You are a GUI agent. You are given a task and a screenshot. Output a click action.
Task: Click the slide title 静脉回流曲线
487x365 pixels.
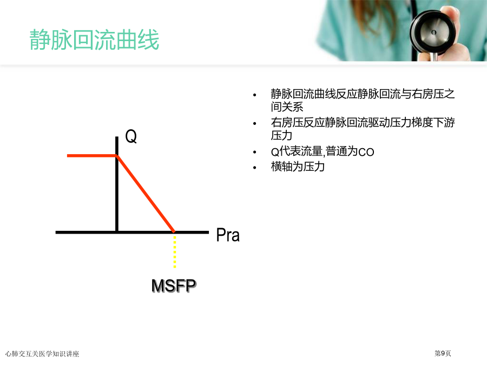(94, 39)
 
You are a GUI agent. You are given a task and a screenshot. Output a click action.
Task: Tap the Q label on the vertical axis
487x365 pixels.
(131, 136)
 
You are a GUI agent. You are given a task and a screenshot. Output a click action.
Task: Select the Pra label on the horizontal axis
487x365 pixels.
(228, 235)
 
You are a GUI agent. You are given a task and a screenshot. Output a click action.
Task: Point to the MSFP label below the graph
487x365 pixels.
(174, 285)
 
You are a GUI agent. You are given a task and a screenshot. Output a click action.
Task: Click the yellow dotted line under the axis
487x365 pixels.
(175, 251)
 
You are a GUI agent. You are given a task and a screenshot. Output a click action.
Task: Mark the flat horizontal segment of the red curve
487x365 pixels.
(92, 156)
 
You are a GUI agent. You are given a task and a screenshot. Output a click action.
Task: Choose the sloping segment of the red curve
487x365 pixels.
(146, 194)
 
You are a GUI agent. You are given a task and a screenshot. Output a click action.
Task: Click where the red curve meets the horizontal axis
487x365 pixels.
(174, 231)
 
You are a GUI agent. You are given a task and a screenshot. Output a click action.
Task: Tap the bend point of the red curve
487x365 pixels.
(117, 156)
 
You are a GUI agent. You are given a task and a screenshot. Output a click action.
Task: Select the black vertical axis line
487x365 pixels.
(117, 184)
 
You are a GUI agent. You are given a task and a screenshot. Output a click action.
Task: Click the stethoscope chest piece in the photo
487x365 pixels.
(433, 32)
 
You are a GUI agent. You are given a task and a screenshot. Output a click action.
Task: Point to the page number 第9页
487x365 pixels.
(443, 353)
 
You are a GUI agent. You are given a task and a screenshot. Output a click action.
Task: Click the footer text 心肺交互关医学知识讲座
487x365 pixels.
(42, 354)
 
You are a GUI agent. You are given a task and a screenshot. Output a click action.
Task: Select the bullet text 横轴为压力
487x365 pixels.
(298, 167)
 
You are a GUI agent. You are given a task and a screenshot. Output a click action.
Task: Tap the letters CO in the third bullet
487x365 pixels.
(366, 152)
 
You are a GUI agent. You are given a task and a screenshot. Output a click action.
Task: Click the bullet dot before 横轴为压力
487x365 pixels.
(255, 168)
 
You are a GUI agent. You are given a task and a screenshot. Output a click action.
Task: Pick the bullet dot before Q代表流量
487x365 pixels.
(255, 152)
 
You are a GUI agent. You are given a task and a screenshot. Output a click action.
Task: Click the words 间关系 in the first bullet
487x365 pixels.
(287, 107)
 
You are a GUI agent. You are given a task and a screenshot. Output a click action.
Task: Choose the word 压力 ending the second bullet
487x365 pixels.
(281, 136)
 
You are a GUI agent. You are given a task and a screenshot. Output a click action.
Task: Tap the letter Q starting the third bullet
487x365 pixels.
(275, 152)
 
